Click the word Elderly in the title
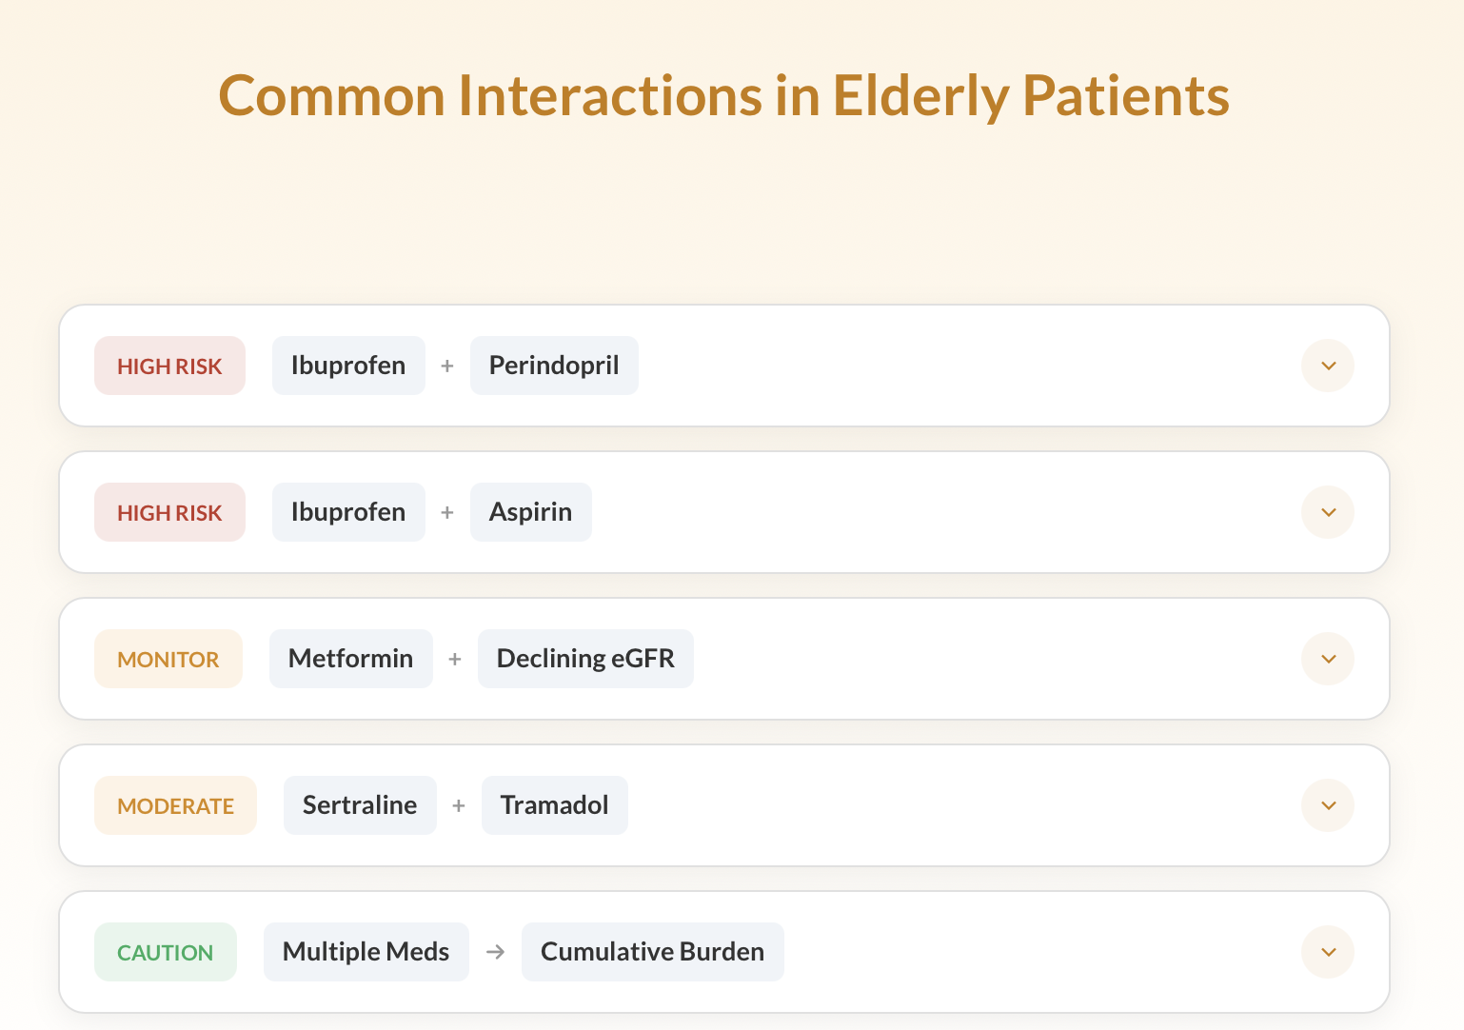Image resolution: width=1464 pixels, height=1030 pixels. [x=920, y=96]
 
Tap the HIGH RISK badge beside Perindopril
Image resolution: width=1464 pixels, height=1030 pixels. [x=169, y=366]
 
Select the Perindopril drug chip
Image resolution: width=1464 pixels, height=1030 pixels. [x=554, y=366]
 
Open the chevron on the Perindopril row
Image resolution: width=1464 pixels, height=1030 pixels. [x=1328, y=366]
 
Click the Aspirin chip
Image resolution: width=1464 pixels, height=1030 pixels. [x=530, y=512]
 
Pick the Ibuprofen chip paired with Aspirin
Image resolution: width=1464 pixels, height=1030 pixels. [x=348, y=512]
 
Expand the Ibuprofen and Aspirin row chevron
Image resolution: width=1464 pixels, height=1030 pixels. [x=1328, y=512]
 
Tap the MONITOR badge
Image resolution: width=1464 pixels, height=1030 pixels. [x=168, y=659]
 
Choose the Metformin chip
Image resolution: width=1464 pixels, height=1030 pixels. [x=350, y=659]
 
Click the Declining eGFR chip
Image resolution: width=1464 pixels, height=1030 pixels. [x=585, y=659]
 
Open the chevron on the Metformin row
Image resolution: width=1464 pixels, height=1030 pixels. [x=1328, y=659]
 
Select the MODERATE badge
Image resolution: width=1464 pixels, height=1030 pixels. [x=175, y=805]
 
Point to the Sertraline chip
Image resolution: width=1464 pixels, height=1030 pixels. [x=360, y=805]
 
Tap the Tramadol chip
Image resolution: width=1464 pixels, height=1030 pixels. [x=554, y=805]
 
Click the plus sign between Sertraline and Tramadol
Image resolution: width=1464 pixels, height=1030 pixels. [x=459, y=805]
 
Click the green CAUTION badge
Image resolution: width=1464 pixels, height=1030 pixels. [x=165, y=952]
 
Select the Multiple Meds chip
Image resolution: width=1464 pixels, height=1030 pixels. [x=366, y=952]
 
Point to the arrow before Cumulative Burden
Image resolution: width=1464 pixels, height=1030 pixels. [x=495, y=952]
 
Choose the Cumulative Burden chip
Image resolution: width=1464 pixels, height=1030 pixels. [x=652, y=952]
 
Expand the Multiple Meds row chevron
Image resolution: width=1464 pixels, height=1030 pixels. [x=1328, y=952]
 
